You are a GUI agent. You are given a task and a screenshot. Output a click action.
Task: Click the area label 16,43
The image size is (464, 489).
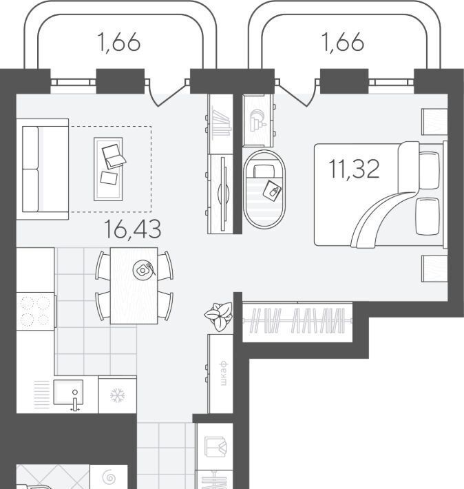[x=133, y=229]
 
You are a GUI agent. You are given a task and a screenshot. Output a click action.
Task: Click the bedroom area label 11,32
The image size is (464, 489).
[x=355, y=169]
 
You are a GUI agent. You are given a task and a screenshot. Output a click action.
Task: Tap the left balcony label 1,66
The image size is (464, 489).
[x=119, y=42]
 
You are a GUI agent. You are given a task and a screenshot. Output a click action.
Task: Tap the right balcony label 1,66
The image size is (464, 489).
[x=342, y=42]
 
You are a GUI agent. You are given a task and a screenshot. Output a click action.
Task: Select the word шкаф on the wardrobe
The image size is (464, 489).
[x=223, y=373]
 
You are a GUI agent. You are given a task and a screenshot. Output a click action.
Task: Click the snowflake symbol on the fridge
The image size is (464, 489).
[x=118, y=396]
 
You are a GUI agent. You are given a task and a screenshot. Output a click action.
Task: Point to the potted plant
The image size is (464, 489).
[x=219, y=316]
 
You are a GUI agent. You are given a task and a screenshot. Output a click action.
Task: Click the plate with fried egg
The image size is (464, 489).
[x=143, y=270]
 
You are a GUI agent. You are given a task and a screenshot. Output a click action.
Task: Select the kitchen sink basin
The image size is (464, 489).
[x=68, y=393]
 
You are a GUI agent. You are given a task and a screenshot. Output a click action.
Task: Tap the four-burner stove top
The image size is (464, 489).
[x=36, y=311]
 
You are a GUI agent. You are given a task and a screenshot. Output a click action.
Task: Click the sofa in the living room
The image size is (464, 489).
[x=43, y=169]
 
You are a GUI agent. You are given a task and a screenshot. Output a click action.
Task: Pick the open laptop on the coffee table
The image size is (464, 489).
[x=114, y=156]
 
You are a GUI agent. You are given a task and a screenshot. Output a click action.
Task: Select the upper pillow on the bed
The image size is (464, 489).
[x=429, y=170]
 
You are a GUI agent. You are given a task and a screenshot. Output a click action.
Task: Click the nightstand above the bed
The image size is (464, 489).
[x=434, y=122]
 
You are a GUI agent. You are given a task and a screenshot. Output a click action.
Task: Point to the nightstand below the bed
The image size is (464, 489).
[x=434, y=269]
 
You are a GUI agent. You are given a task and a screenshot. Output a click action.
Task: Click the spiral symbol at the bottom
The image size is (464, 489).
[x=109, y=477]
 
